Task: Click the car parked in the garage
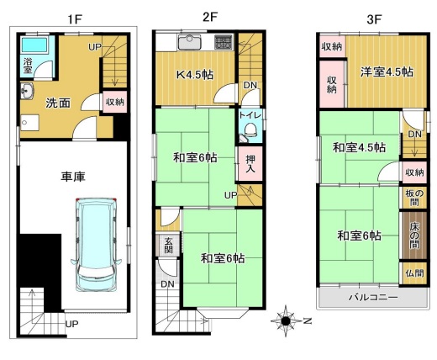click(x=96, y=245)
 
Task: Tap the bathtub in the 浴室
click(x=34, y=45)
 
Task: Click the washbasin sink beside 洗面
click(x=27, y=91)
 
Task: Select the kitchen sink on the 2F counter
click(x=190, y=42)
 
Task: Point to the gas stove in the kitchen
click(x=224, y=42)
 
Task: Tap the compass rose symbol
click(x=286, y=320)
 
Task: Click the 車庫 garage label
click(x=73, y=177)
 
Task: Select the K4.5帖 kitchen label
click(x=195, y=75)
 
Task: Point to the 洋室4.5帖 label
click(x=387, y=72)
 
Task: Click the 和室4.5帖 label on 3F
click(x=359, y=147)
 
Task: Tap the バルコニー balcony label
click(x=373, y=297)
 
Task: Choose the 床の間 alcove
click(x=414, y=236)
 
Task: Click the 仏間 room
click(x=415, y=273)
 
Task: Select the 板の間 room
click(x=414, y=198)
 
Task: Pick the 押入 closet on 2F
click(x=250, y=163)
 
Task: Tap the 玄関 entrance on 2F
click(x=168, y=245)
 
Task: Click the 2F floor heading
click(x=210, y=18)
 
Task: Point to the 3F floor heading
click(x=375, y=19)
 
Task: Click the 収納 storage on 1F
click(x=115, y=102)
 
